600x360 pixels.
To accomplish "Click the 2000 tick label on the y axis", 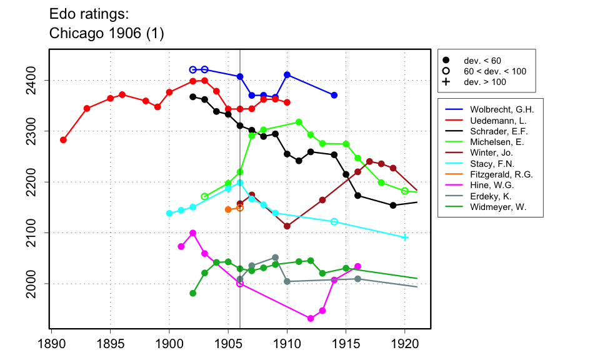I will click(x=36, y=283).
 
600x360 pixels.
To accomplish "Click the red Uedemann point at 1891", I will click(x=63, y=140).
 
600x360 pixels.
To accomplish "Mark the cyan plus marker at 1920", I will click(x=405, y=237).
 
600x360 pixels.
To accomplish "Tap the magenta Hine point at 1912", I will click(x=311, y=318).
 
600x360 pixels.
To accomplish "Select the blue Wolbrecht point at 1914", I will click(x=334, y=95).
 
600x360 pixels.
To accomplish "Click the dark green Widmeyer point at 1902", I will click(x=192, y=293).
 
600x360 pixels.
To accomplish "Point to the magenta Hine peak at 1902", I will click(x=192, y=233).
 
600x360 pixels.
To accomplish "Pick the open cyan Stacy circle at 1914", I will click(x=334, y=222).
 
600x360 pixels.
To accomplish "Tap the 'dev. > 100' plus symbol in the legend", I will click(x=446, y=82).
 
